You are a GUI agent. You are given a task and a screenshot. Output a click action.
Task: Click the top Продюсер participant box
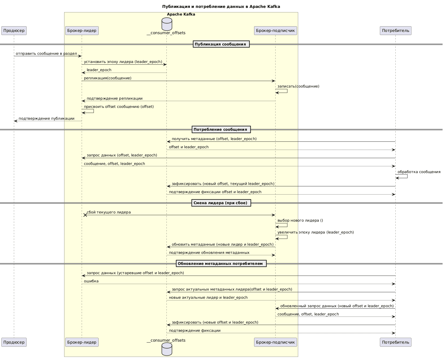click(x=14, y=30)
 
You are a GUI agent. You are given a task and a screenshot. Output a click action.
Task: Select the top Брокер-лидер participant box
click(x=82, y=30)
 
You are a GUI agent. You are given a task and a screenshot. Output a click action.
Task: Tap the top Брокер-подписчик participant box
click(x=275, y=30)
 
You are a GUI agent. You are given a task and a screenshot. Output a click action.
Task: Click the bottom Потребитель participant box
click(x=395, y=342)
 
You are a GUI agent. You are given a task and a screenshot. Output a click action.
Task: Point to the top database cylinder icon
click(x=167, y=24)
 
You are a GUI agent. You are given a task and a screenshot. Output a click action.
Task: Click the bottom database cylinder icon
click(x=167, y=349)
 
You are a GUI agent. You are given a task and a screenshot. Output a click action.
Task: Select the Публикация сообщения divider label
click(x=221, y=44)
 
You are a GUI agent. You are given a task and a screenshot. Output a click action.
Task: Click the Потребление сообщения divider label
click(x=221, y=130)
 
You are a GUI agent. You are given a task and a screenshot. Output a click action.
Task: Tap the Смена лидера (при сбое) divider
click(x=221, y=203)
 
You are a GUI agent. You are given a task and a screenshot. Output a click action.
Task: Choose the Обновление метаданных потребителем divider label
click(x=221, y=264)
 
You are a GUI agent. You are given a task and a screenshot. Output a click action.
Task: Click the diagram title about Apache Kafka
click(x=221, y=6)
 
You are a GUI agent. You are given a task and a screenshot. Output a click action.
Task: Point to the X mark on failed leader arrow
click(x=85, y=215)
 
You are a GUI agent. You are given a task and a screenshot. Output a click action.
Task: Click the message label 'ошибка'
click(x=91, y=281)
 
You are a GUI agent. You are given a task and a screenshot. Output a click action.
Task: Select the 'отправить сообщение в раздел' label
click(x=46, y=54)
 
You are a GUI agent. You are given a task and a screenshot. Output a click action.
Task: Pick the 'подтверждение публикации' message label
click(x=46, y=119)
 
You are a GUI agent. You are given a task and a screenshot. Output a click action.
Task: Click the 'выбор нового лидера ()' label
click(x=300, y=220)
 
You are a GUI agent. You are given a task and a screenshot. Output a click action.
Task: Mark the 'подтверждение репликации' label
click(x=114, y=98)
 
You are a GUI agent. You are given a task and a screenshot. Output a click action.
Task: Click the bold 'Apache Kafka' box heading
click(x=181, y=14)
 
